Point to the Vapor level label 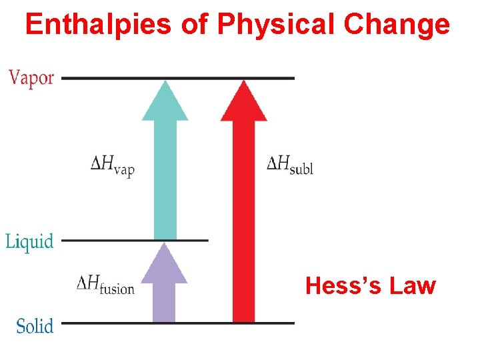[31, 78]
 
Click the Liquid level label [29, 241]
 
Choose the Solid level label [35, 326]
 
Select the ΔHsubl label [289, 164]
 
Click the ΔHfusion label [105, 285]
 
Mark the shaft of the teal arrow [165, 180]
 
